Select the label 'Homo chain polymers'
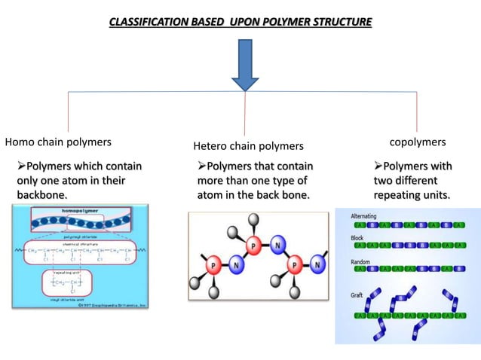coord(59,142)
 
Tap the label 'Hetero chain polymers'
coord(249,145)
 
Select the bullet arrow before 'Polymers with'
coord(378,166)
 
